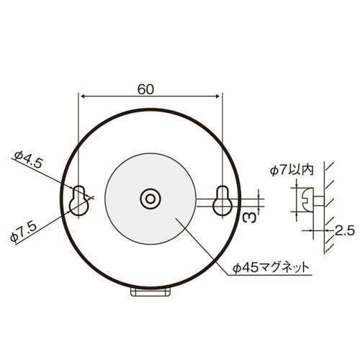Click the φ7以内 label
292,170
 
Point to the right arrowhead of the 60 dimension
217,96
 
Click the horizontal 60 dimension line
115,96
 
